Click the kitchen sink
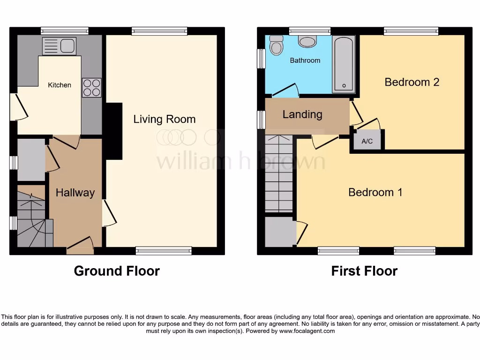tap(59, 46)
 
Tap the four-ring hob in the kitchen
tap(91, 88)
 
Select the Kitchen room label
tap(60, 85)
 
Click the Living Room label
tap(164, 119)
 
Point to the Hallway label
tap(75, 192)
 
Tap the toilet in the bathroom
tap(277, 45)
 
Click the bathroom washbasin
tap(307, 42)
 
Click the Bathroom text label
tap(305, 60)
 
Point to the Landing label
tap(302, 114)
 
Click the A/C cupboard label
tap(367, 141)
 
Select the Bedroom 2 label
tap(412, 82)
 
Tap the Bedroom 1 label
tap(375, 192)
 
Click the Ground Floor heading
tap(117, 271)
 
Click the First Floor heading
tap(364, 271)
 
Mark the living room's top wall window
tap(159, 31)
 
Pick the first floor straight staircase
tap(279, 173)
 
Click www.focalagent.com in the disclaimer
tap(307, 331)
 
